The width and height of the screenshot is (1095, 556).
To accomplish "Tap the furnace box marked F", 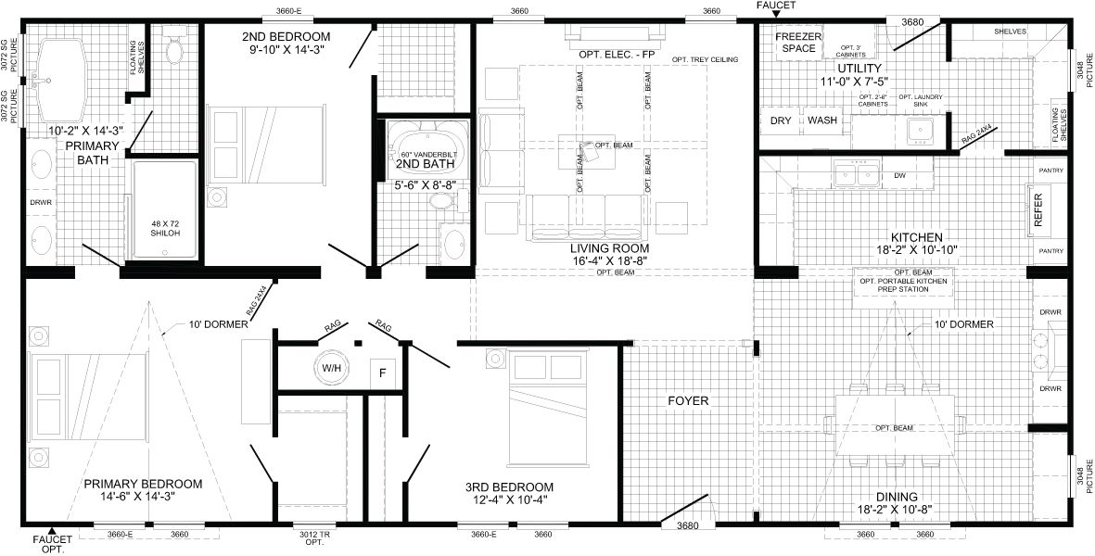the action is pyautogui.click(x=382, y=373).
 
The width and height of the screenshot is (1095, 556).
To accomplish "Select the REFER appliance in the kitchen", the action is pyautogui.click(x=1038, y=210).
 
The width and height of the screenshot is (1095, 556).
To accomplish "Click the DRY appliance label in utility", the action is pyautogui.click(x=781, y=120).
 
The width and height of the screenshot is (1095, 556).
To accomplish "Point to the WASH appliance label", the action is pyautogui.click(x=822, y=120).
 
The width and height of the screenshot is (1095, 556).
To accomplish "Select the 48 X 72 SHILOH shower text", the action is pyautogui.click(x=166, y=229).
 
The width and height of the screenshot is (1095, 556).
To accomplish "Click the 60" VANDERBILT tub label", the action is pyautogui.click(x=426, y=154).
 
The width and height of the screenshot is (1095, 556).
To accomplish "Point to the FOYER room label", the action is pyautogui.click(x=688, y=401).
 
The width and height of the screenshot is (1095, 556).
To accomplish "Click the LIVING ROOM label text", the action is pyautogui.click(x=610, y=248).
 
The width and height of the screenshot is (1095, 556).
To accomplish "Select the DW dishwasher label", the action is pyautogui.click(x=900, y=176).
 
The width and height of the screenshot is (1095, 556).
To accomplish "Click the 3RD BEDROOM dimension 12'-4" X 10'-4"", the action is pyautogui.click(x=510, y=500).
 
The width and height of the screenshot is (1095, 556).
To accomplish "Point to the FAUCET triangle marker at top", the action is pyautogui.click(x=775, y=14).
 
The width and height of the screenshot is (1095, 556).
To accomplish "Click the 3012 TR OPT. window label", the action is pyautogui.click(x=314, y=538).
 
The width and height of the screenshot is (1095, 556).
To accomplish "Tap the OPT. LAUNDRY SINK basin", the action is pyautogui.click(x=921, y=132).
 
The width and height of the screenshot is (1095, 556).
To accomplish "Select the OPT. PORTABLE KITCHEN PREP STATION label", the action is pyautogui.click(x=903, y=284).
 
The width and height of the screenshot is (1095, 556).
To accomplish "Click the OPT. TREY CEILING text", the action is pyautogui.click(x=705, y=60).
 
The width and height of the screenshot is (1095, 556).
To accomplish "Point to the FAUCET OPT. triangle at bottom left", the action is pyautogui.click(x=50, y=529).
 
